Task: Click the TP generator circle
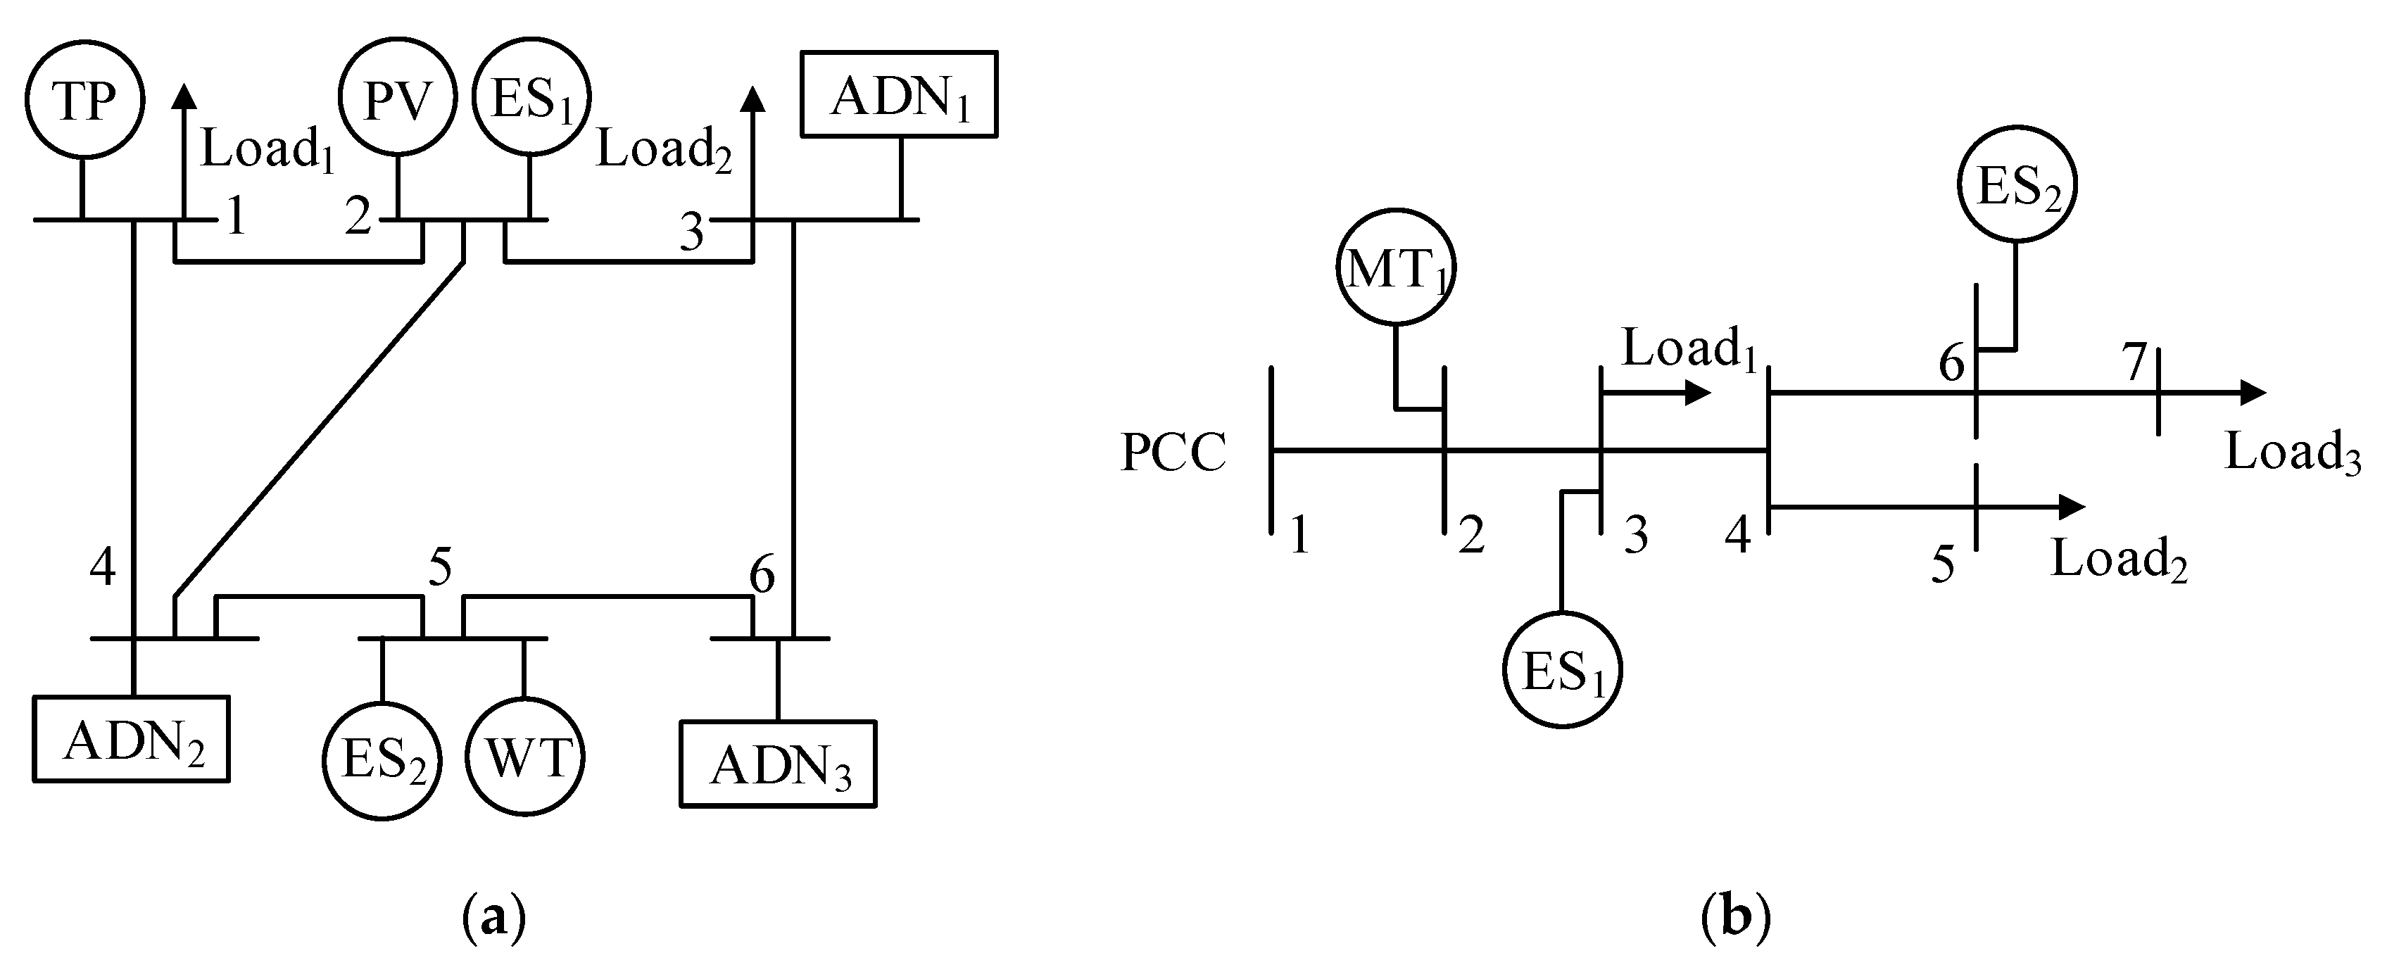[x=84, y=101]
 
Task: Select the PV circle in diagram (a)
[x=399, y=101]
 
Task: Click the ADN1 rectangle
[x=898, y=94]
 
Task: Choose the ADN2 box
[x=132, y=738]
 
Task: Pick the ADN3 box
[x=778, y=764]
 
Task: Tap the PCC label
[x=1173, y=453]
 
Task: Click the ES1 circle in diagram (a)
[x=531, y=101]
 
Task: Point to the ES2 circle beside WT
[x=382, y=761]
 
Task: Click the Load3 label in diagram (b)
[x=2293, y=453]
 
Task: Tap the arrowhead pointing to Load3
[x=2253, y=393]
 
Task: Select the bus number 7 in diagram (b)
[x=2134, y=364]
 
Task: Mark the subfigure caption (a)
[x=494, y=918]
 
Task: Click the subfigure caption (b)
[x=1735, y=918]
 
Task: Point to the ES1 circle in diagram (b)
[x=1563, y=669]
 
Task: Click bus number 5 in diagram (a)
[x=440, y=567]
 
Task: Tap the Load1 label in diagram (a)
[x=267, y=149]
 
